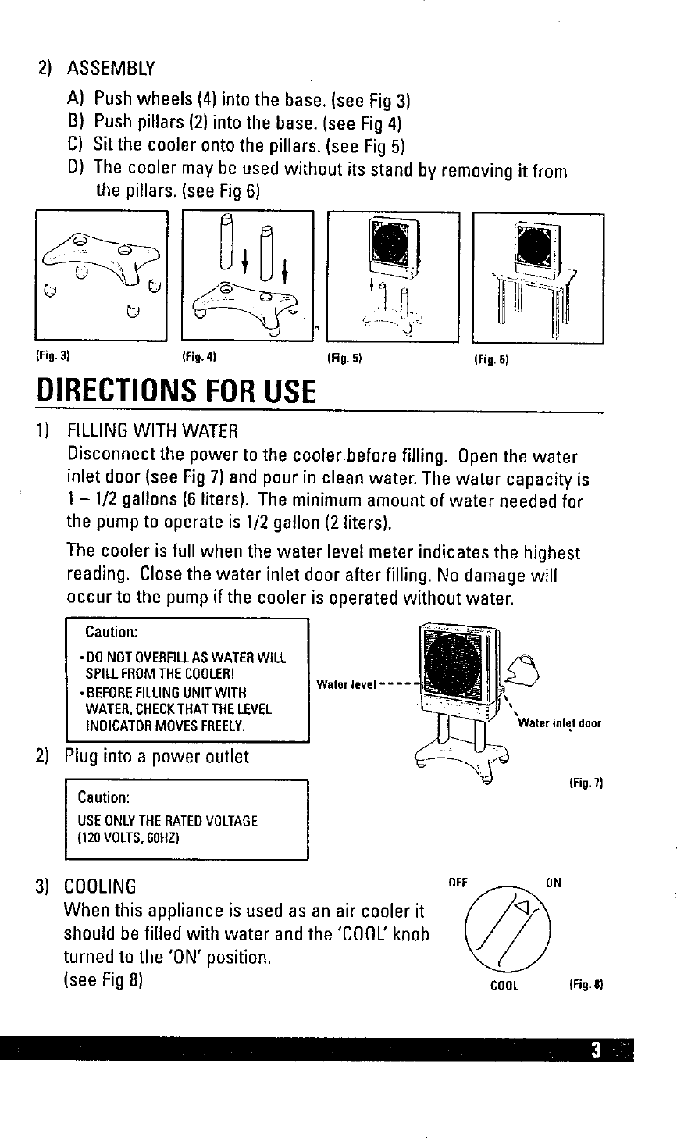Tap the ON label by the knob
click(x=553, y=884)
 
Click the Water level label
click(x=347, y=686)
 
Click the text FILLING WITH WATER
click(x=152, y=430)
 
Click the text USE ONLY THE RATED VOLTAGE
click(x=167, y=821)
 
